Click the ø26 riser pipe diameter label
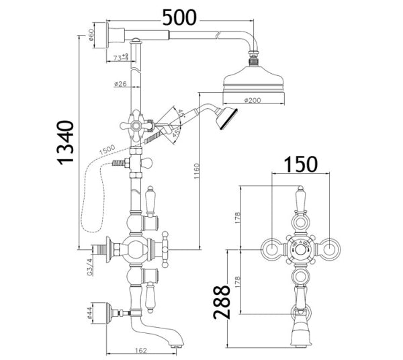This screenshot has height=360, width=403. coord(121,85)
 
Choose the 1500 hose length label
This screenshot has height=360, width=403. coord(106,148)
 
